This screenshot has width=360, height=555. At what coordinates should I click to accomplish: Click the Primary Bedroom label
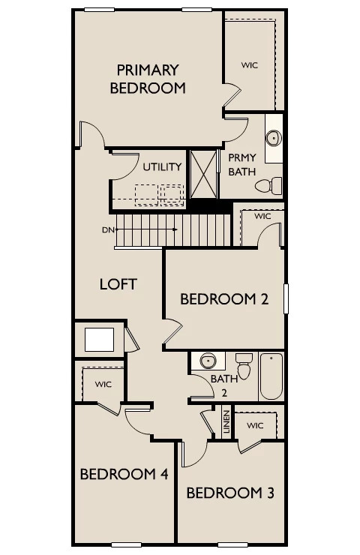[x=148, y=79]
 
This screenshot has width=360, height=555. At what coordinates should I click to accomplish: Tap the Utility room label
[x=162, y=166]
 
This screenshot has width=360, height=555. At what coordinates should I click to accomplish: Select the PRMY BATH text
[x=242, y=164]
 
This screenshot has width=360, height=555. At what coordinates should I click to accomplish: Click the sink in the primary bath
[x=274, y=138]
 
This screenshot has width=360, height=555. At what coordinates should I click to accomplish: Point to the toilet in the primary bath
[x=268, y=186]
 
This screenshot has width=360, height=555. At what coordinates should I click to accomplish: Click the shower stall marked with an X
[x=203, y=175]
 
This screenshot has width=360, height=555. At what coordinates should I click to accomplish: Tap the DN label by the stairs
[x=108, y=230]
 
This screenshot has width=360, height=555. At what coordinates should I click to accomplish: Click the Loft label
[x=118, y=284]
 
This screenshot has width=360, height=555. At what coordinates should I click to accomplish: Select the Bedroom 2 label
[x=224, y=299]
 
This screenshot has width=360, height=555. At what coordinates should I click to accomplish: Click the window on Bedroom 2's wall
[x=286, y=298]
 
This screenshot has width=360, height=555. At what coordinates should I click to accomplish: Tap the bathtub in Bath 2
[x=271, y=376]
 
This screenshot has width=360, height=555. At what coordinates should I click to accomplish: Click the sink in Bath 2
[x=208, y=361]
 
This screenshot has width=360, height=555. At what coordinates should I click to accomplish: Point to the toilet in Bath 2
[x=244, y=366]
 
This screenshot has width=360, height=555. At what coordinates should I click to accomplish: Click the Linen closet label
[x=226, y=422]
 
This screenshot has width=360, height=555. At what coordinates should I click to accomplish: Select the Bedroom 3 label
[x=230, y=493]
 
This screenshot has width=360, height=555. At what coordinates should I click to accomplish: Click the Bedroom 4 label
[x=124, y=474]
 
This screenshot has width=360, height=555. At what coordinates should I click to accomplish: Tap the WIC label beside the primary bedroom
[x=250, y=65]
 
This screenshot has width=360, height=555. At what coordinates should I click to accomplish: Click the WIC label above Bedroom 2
[x=262, y=216]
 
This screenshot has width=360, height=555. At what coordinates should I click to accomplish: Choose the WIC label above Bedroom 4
[x=103, y=384]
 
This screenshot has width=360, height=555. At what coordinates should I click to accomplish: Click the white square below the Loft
[x=99, y=340]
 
